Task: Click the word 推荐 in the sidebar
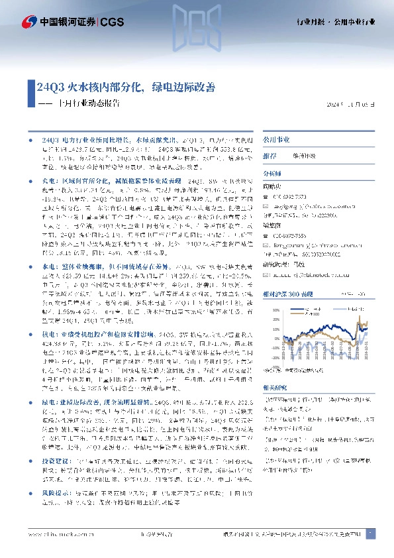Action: pos(270,156)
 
